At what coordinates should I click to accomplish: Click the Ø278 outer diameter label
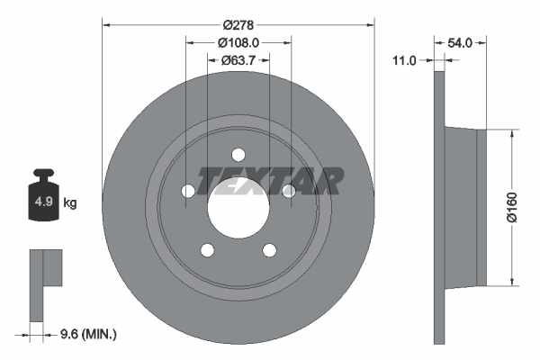(x=238, y=15)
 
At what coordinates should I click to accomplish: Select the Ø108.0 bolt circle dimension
(x=238, y=41)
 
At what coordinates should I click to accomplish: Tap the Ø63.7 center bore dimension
(x=238, y=61)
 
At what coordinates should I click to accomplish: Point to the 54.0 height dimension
(x=460, y=41)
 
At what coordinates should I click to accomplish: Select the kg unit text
(x=70, y=203)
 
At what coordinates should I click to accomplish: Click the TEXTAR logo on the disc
(x=270, y=181)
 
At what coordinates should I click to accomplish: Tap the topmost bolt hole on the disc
(x=238, y=154)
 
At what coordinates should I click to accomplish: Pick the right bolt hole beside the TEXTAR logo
(x=288, y=191)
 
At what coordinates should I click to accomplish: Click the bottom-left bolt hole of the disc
(x=207, y=249)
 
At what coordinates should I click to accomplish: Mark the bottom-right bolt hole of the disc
(x=269, y=249)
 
